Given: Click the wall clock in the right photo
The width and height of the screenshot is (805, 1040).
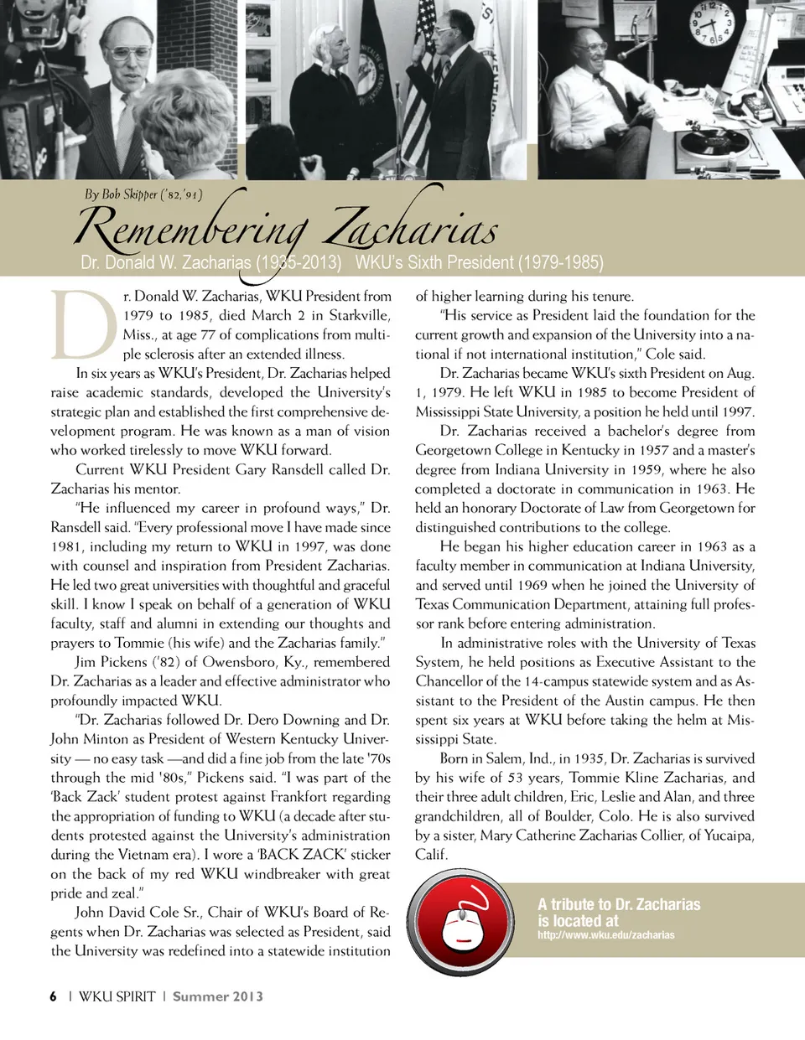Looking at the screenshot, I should point(711,24).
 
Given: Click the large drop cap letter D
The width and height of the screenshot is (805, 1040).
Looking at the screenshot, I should point(83,324).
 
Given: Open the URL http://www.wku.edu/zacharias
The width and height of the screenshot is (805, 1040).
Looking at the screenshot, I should point(605,934).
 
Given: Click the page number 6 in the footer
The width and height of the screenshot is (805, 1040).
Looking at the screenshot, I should point(53,996).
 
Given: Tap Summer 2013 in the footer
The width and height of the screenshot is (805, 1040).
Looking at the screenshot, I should point(218,996).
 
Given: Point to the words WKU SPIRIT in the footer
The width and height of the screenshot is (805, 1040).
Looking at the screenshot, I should point(117,996).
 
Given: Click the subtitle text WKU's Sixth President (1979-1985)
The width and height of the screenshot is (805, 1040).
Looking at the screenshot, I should point(479,262).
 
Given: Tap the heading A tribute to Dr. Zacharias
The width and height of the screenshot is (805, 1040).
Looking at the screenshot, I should point(619,904).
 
